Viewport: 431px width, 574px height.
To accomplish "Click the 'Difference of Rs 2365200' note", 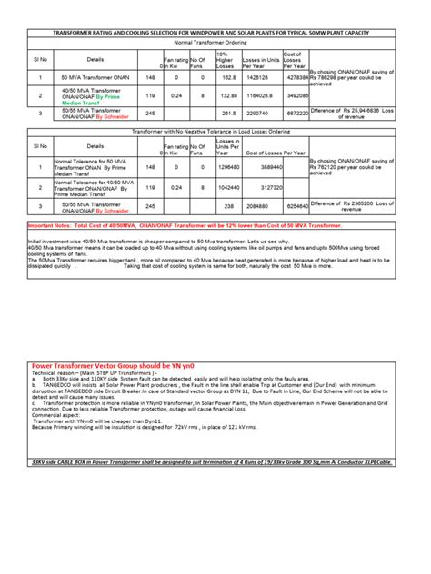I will pos(361,204).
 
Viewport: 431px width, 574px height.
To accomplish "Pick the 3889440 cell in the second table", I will pos(273,167).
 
